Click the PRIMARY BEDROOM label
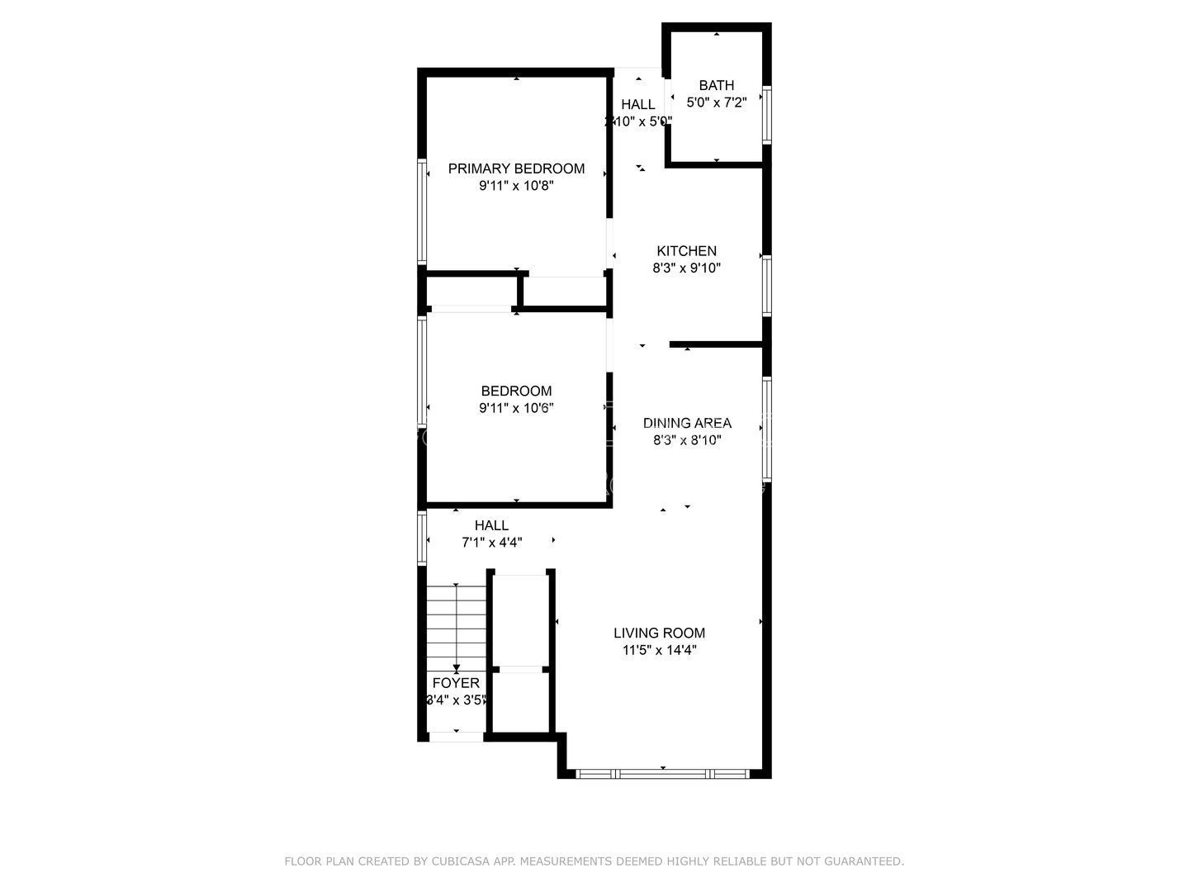pyautogui.click(x=516, y=168)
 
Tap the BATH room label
pyautogui.click(x=716, y=85)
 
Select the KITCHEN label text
pyautogui.click(x=686, y=251)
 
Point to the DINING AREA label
pyautogui.click(x=687, y=423)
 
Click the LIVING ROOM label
pyautogui.click(x=659, y=633)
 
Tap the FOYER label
pyautogui.click(x=456, y=683)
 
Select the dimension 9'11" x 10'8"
pyautogui.click(x=516, y=186)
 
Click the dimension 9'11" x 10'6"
pyautogui.click(x=516, y=408)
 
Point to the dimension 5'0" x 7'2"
pyautogui.click(x=716, y=102)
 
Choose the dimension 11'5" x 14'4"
pyautogui.click(x=659, y=650)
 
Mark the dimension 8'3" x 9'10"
pyautogui.click(x=686, y=268)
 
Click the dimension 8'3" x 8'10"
pyautogui.click(x=687, y=440)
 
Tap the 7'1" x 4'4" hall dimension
pyautogui.click(x=491, y=543)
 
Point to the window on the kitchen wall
pyautogui.click(x=766, y=286)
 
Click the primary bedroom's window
pyautogui.click(x=422, y=211)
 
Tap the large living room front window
pyautogui.click(x=663, y=774)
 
